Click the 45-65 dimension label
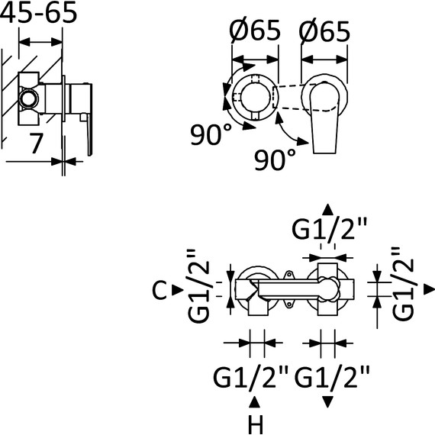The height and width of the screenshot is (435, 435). coord(38,12)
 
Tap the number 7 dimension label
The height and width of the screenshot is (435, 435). coord(36,143)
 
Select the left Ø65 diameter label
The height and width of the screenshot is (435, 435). coord(255,31)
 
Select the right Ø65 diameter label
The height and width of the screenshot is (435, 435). coord(324,31)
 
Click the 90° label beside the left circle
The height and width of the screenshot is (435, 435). coord(211,134)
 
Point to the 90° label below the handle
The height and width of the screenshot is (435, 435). coord(275,159)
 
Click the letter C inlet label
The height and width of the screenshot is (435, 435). coord(159,290)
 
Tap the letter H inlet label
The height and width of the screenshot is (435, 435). coord(256,424)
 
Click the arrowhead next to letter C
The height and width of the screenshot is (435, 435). coord(178,290)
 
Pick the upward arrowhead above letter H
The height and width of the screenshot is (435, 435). coord(254,402)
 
